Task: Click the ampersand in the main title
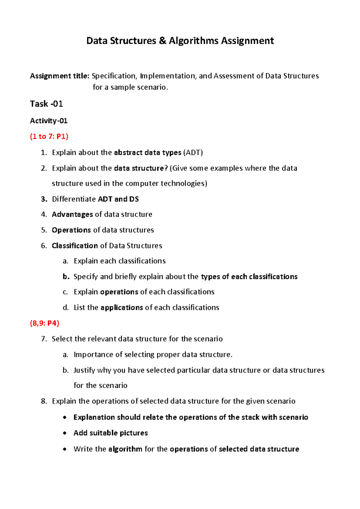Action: coord(162,41)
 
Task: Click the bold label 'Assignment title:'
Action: coord(59,76)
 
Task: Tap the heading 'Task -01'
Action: coord(46,104)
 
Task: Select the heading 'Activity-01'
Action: coord(49,121)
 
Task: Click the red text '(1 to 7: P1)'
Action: coord(49,137)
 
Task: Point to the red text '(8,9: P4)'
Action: coord(44,323)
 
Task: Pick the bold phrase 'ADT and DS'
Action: coord(118,199)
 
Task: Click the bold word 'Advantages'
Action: coord(72,214)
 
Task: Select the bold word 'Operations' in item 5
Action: coord(71,230)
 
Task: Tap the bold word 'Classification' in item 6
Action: coord(75,245)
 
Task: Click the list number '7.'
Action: coord(44,339)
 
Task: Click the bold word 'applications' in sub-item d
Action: coord(122,308)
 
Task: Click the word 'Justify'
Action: coord(84,370)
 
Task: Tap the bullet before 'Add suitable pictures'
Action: coord(65,433)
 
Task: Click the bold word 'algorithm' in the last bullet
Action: coord(125,449)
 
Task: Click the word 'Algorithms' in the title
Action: coord(193,41)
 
